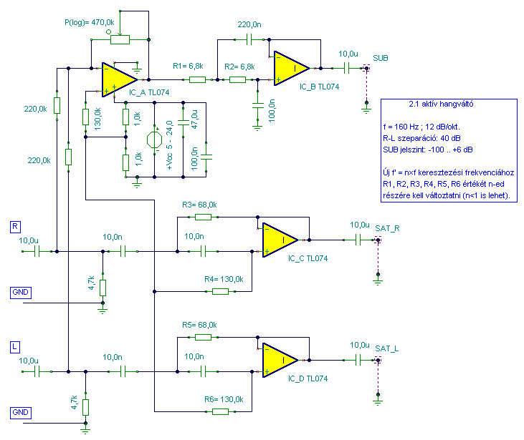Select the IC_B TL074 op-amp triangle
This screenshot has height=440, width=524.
coord(290,69)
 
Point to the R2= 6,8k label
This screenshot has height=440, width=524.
coord(239,67)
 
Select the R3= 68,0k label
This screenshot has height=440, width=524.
coord(199,205)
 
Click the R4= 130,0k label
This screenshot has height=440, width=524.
coord(224,279)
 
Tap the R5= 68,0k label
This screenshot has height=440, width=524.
coord(199,325)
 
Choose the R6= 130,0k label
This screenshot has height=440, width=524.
coord(224,399)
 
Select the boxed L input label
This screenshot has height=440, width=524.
coord(15,346)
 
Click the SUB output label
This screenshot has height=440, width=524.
coord(381,57)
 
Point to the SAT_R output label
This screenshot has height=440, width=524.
coord(387,228)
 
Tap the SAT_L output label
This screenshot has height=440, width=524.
coord(386,348)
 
